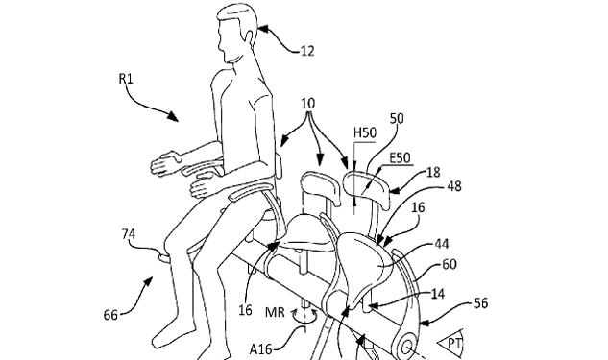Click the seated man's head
point(236,28)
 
